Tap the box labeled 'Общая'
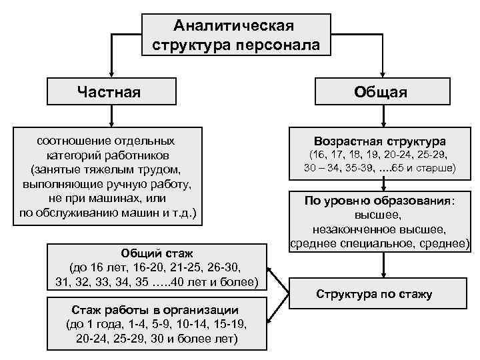click(381, 91)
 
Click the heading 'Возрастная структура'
click(381, 142)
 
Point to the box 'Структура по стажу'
click(374, 294)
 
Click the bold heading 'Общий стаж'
click(158, 255)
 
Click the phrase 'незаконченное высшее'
click(380, 229)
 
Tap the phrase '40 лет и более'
click(217, 283)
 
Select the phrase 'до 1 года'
click(91, 324)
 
